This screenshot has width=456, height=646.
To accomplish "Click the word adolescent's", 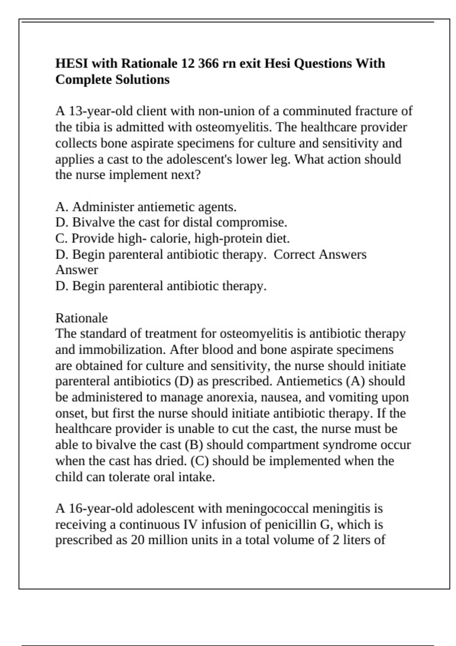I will [198, 159].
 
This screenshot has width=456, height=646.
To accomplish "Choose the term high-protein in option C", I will [229, 239].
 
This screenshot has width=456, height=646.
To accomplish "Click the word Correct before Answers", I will [295, 255].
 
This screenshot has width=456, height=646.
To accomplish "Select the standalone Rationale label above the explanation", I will [81, 318].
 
